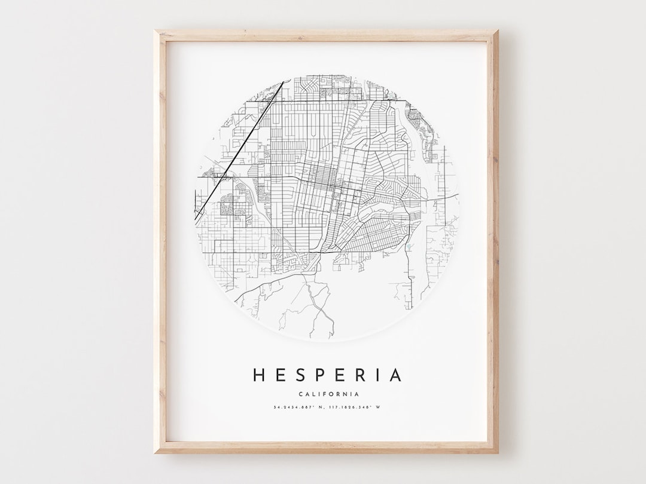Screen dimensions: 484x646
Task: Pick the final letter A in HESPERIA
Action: (x=395, y=375)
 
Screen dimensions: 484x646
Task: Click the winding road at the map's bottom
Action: (x=317, y=305)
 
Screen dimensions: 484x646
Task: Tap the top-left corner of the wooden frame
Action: (x=156, y=32)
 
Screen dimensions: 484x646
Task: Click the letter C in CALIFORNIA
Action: (x=298, y=394)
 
